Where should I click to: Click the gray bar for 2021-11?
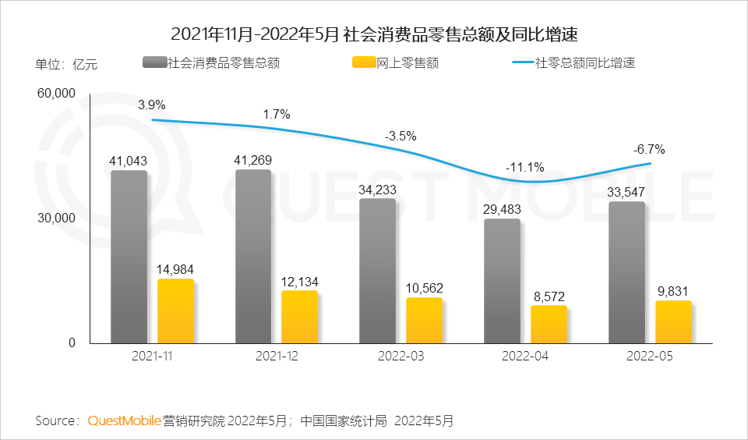(x=129, y=257)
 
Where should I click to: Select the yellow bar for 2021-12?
(x=299, y=317)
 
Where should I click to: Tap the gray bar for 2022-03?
(x=377, y=271)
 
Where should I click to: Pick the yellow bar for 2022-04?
(x=549, y=324)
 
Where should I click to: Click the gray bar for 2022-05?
(x=626, y=272)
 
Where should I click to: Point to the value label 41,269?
(x=253, y=160)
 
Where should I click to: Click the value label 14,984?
(x=175, y=269)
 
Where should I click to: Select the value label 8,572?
(x=549, y=296)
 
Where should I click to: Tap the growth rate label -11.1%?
(x=524, y=167)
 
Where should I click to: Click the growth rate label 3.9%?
(x=152, y=105)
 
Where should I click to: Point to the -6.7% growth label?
(x=649, y=149)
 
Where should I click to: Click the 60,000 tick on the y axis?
(x=55, y=94)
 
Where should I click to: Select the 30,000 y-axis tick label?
(x=55, y=218)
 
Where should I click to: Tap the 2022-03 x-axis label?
(x=400, y=355)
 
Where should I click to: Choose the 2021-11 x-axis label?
(x=152, y=355)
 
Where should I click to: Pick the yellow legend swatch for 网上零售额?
(x=364, y=63)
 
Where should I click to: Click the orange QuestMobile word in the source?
(x=124, y=421)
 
